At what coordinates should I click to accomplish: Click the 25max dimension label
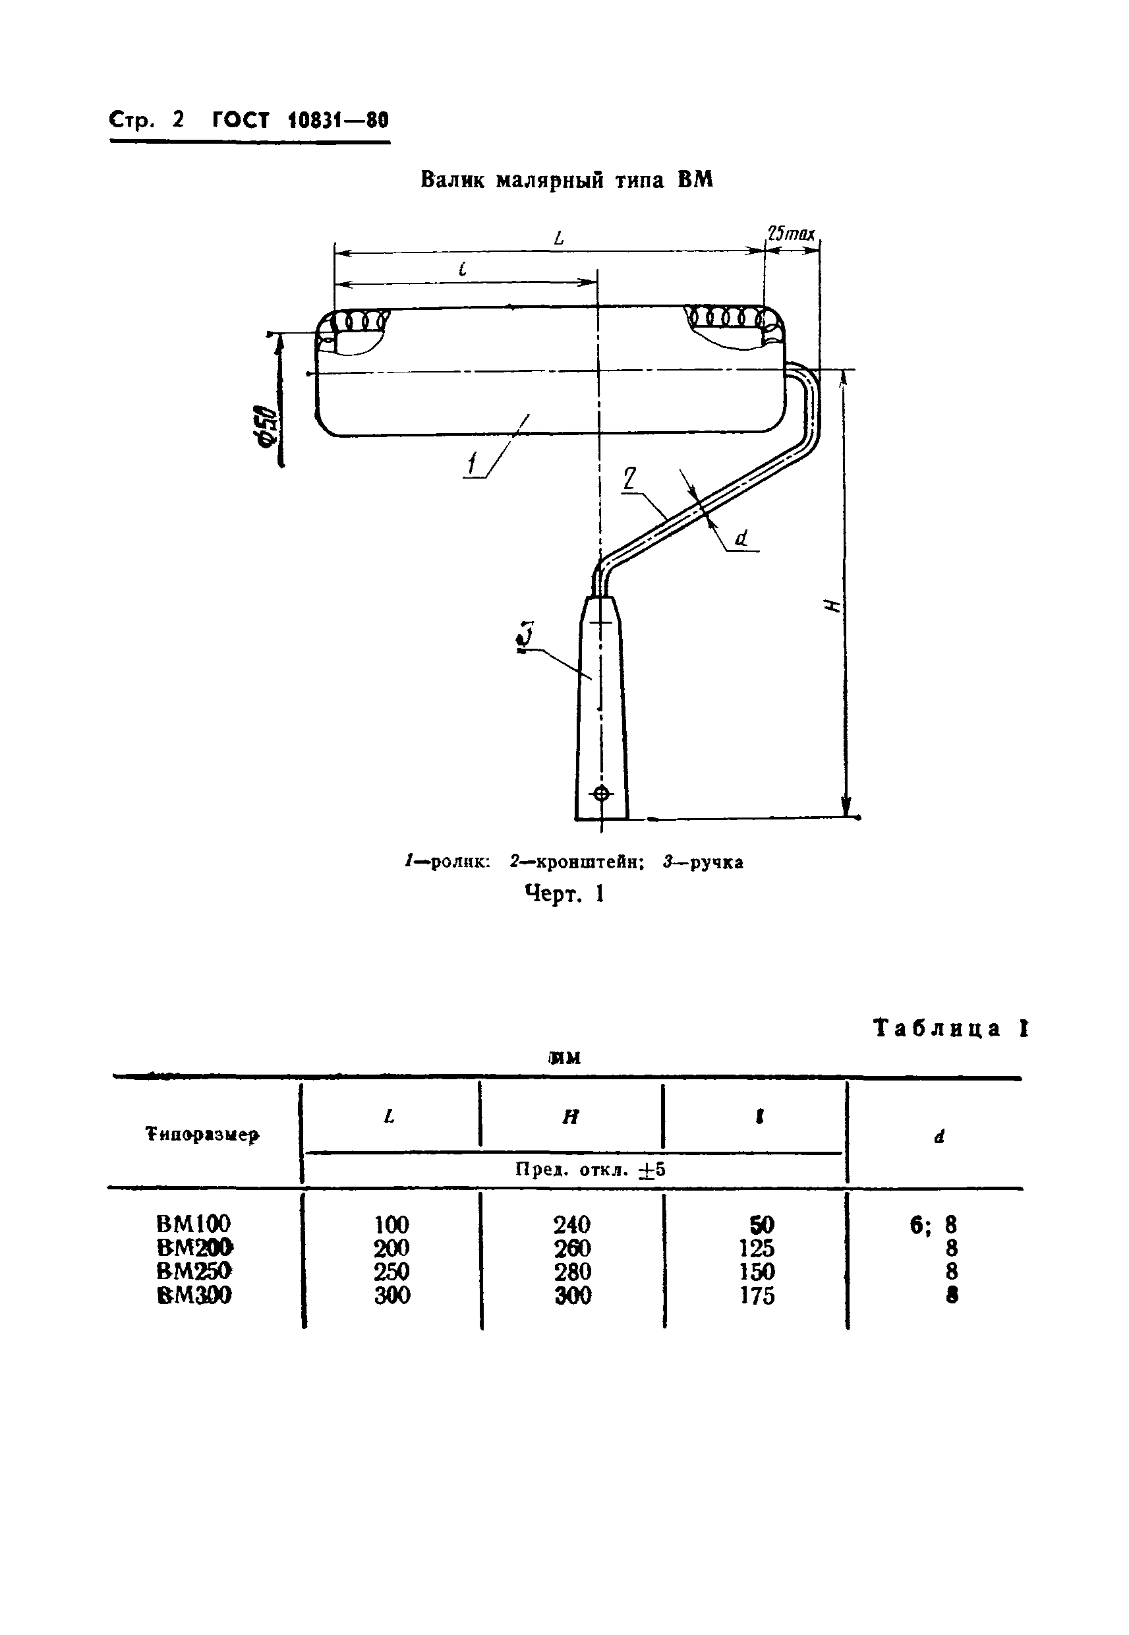click(x=791, y=233)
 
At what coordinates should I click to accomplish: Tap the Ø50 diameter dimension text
click(x=268, y=425)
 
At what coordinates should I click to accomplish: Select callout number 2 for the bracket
click(x=629, y=480)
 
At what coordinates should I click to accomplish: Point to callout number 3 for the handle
click(x=525, y=636)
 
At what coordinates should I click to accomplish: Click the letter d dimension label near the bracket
click(x=741, y=539)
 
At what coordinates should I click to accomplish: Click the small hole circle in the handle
click(x=600, y=793)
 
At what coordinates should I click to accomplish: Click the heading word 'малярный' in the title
click(x=548, y=181)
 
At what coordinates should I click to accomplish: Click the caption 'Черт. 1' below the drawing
click(x=564, y=894)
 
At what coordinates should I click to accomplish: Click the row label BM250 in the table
click(x=194, y=1270)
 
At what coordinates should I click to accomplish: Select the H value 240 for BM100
click(x=571, y=1224)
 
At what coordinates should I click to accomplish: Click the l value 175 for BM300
click(x=756, y=1295)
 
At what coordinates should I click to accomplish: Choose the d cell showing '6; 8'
click(x=933, y=1224)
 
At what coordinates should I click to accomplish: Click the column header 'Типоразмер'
click(x=202, y=1135)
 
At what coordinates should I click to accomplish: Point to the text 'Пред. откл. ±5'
click(x=590, y=1170)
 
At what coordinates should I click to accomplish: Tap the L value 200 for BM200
click(x=391, y=1247)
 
